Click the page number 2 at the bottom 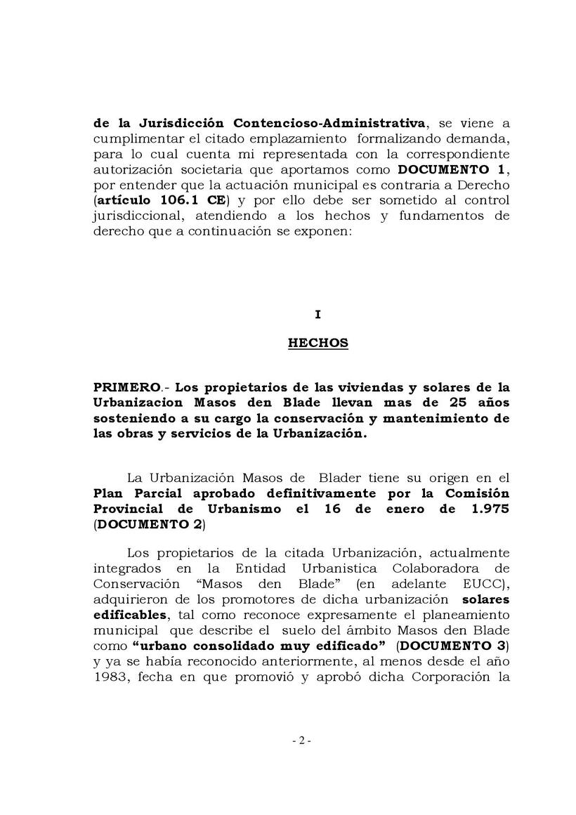pos(300,741)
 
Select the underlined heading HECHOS pos(318,344)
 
